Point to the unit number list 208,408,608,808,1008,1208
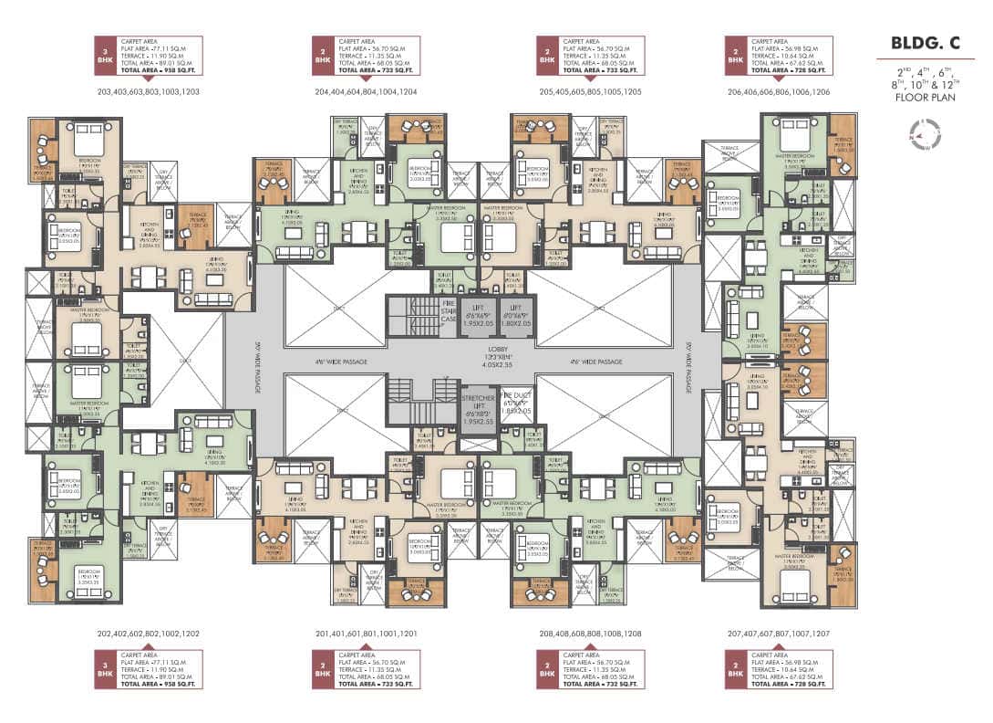(x=590, y=633)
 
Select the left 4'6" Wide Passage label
(x=342, y=362)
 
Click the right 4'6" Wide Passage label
(x=596, y=362)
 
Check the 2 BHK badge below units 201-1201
(x=324, y=668)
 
